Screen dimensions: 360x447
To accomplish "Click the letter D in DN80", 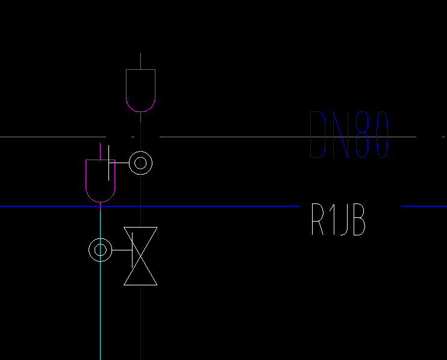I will click(x=318, y=135).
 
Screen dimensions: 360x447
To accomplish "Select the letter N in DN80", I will click(x=342, y=135).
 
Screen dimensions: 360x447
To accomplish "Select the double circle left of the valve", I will click(x=100, y=249).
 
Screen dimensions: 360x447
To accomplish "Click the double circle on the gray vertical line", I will click(x=141, y=163).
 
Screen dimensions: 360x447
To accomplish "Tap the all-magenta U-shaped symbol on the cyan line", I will click(x=100, y=181).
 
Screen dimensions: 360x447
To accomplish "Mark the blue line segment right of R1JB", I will click(x=424, y=206).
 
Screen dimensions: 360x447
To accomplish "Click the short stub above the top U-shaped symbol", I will click(x=140, y=61).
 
